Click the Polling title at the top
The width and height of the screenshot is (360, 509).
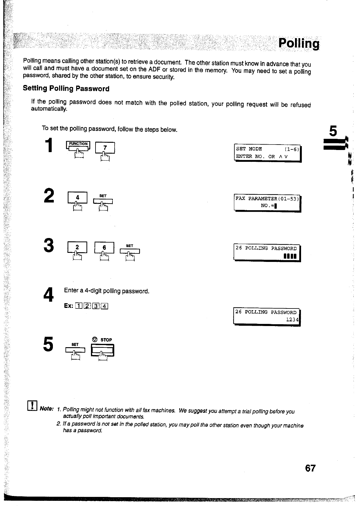(298, 44)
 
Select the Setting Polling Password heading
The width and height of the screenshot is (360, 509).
(66, 88)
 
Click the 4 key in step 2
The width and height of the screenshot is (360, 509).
(77, 198)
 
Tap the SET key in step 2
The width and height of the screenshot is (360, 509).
(103, 201)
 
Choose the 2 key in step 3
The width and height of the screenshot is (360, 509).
(77, 247)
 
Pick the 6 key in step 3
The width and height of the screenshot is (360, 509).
(104, 248)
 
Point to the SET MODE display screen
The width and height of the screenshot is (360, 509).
(268, 153)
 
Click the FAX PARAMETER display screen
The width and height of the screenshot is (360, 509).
(268, 202)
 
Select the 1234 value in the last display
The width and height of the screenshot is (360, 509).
(292, 319)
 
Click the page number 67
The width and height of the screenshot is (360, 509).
(310, 468)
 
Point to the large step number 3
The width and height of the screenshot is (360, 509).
(49, 246)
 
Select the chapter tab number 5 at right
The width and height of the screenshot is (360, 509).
(333, 131)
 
